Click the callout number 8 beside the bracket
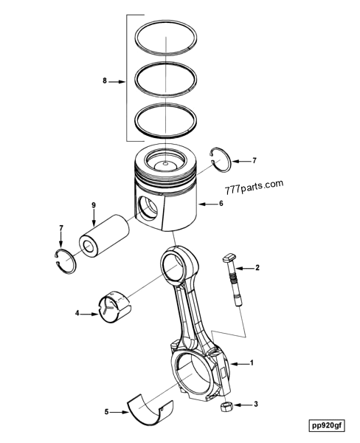pyautogui.click(x=105, y=81)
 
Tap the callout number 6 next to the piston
pyautogui.click(x=221, y=204)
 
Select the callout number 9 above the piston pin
pyautogui.click(x=94, y=205)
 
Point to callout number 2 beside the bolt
pyautogui.click(x=257, y=267)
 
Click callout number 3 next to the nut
pyautogui.click(x=256, y=405)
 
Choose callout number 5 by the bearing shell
pyautogui.click(x=106, y=412)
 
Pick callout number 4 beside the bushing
pyautogui.click(x=77, y=313)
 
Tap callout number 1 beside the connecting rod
pyautogui.click(x=252, y=363)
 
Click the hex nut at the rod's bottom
pyautogui.click(x=226, y=407)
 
